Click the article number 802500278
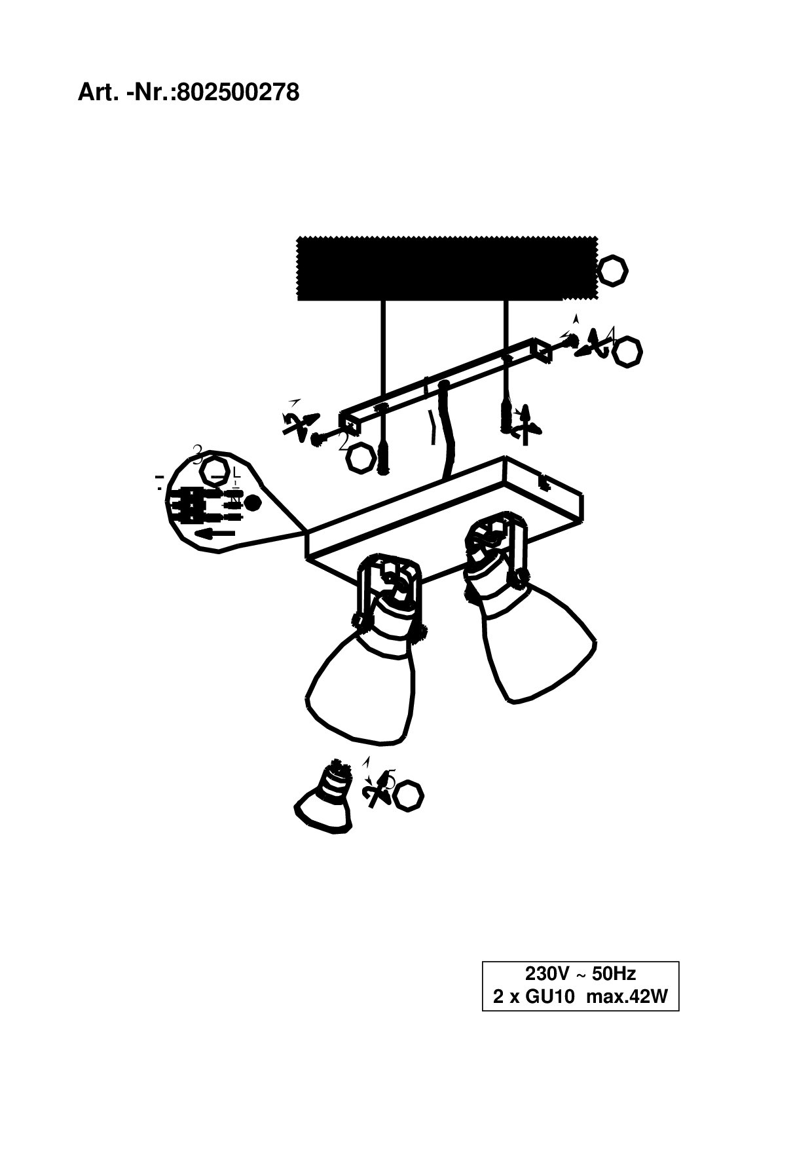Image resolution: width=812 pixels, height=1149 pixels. tap(238, 93)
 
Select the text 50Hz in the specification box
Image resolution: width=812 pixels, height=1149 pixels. tap(614, 973)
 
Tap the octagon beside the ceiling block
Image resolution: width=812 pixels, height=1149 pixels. tap(613, 270)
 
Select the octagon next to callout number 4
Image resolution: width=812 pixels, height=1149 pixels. tap(627, 352)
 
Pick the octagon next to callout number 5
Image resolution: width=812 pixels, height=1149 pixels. tap(409, 795)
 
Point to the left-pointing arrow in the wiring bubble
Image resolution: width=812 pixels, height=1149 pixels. tap(215, 533)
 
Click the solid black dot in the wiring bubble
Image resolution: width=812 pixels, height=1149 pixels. tap(252, 503)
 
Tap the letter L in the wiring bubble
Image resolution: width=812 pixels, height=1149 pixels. tap(236, 473)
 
